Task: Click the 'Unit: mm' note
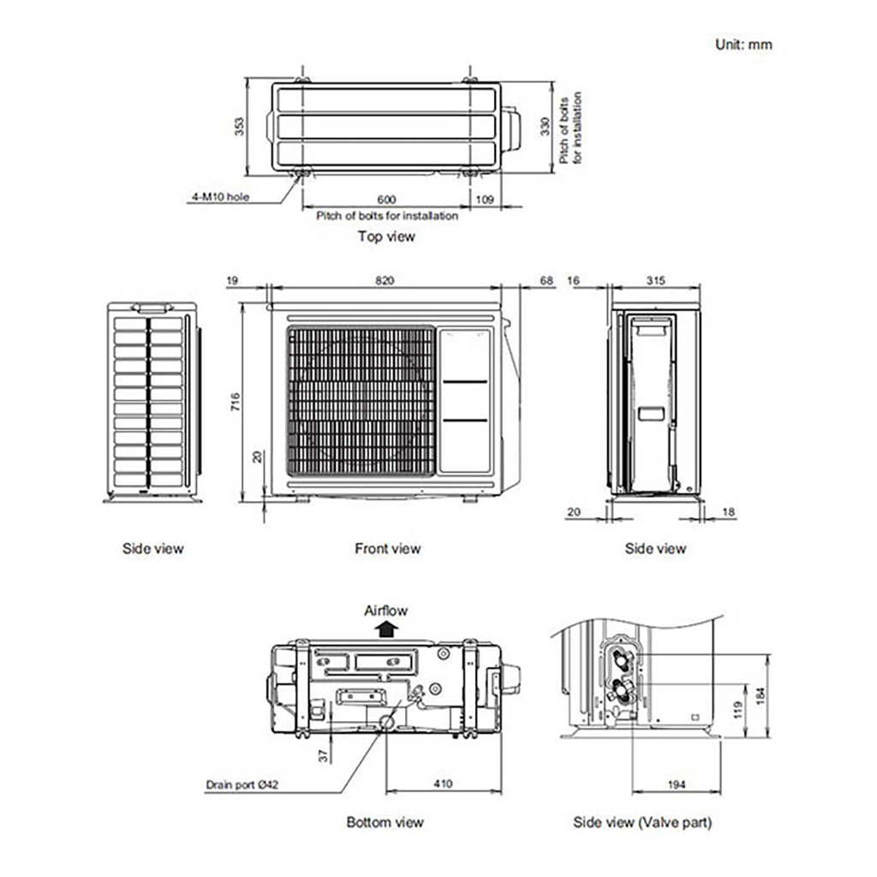tap(743, 44)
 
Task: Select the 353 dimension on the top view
tap(240, 126)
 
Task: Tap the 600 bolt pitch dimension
tap(387, 200)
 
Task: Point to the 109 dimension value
tap(486, 200)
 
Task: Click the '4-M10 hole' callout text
tap(220, 197)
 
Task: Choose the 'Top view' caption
tap(386, 236)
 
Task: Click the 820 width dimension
tap(385, 281)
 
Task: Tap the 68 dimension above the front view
tap(548, 281)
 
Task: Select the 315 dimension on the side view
tap(655, 281)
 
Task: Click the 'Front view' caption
tap(387, 548)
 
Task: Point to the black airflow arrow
tap(387, 629)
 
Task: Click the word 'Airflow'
tap(386, 611)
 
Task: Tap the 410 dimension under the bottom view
tap(443, 785)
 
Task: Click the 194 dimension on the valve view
tap(676, 785)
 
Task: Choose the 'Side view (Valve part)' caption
tap(642, 822)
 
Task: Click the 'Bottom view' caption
tap(385, 822)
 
